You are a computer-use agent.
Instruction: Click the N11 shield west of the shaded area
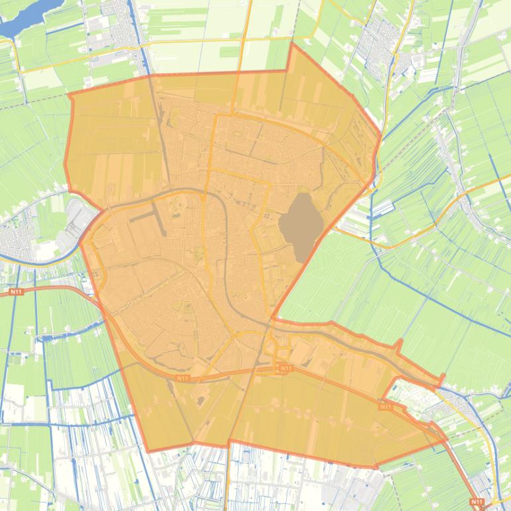click(16, 291)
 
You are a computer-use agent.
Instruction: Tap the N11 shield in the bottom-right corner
click(476, 502)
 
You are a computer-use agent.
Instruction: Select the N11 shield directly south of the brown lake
click(285, 368)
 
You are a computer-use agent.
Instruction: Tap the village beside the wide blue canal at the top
click(123, 30)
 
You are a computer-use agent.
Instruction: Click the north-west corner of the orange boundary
click(70, 94)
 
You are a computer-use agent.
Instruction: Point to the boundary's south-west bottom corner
click(147, 451)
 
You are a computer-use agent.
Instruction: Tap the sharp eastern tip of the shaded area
click(446, 438)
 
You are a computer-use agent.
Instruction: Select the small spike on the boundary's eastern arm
click(400, 342)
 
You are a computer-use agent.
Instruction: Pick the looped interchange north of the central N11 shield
click(271, 344)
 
